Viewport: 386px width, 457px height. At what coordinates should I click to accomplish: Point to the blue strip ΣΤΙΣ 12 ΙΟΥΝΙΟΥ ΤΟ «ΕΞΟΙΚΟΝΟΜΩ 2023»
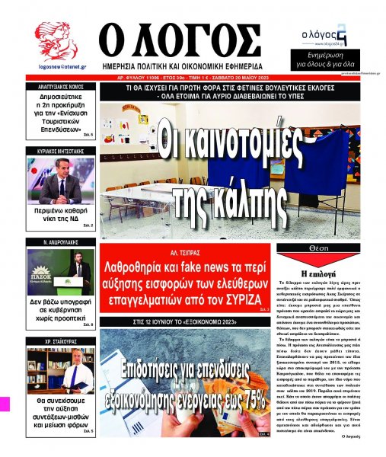[x=187, y=322]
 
